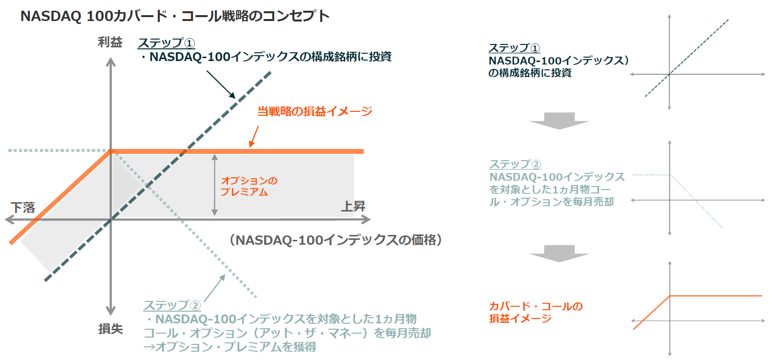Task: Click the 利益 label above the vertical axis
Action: coord(110,42)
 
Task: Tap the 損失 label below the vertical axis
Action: coord(110,329)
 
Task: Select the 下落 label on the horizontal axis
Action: coord(23,208)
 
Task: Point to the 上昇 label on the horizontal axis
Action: coord(353,207)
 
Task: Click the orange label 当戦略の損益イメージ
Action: coord(314,111)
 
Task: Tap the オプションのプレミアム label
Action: coord(249,186)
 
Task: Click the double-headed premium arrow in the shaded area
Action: coord(214,185)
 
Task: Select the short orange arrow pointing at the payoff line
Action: coord(253,136)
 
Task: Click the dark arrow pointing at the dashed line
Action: coord(221,85)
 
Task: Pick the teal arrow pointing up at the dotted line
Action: coord(214,288)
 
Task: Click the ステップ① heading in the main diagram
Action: coord(166,43)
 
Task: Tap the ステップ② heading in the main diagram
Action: coord(172,305)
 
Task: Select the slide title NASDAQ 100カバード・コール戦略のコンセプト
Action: coord(175,16)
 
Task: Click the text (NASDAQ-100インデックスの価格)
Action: coord(336,240)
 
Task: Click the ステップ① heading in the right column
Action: coord(514,48)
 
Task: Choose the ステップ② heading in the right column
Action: coord(515,164)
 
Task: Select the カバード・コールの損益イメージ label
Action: coord(536,312)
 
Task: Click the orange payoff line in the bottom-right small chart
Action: coord(715,296)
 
